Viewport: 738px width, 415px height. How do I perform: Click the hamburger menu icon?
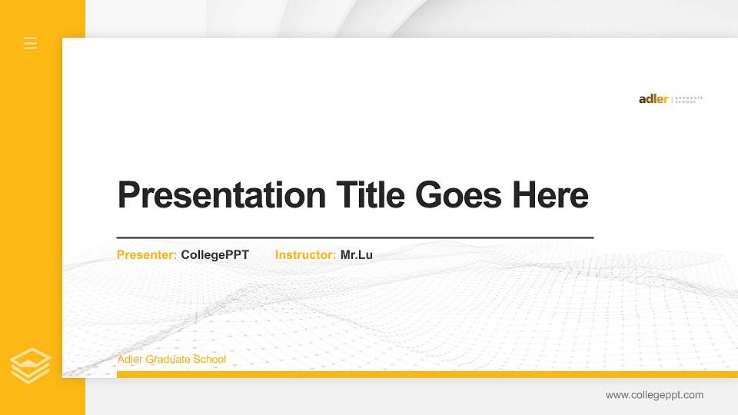pos(31,43)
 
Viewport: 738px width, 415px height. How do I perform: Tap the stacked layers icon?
pos(31,366)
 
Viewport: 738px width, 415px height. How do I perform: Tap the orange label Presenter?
pos(147,254)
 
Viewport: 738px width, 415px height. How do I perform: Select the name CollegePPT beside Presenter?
pos(215,254)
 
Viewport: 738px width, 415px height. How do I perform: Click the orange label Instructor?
pos(305,254)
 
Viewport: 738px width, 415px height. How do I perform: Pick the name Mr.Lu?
pos(357,254)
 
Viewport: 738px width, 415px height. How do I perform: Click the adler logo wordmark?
pos(653,99)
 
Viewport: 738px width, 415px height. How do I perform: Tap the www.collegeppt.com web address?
pos(654,395)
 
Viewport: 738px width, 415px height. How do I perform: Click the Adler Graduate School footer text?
pos(171,360)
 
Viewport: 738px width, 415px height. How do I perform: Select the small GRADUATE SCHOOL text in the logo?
pos(689,100)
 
